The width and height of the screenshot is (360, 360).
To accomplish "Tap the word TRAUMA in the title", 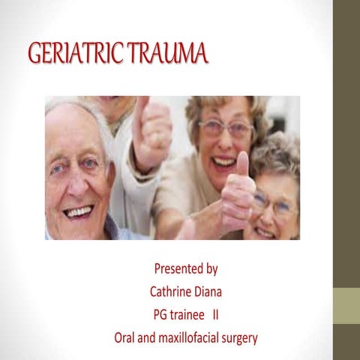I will pos(167,54).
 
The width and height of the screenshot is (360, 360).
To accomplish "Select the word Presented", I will pos(179,268).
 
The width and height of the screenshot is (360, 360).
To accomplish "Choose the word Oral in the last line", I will pos(125,337).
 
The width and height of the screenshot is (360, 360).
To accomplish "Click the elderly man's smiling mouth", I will pos(78,212).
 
